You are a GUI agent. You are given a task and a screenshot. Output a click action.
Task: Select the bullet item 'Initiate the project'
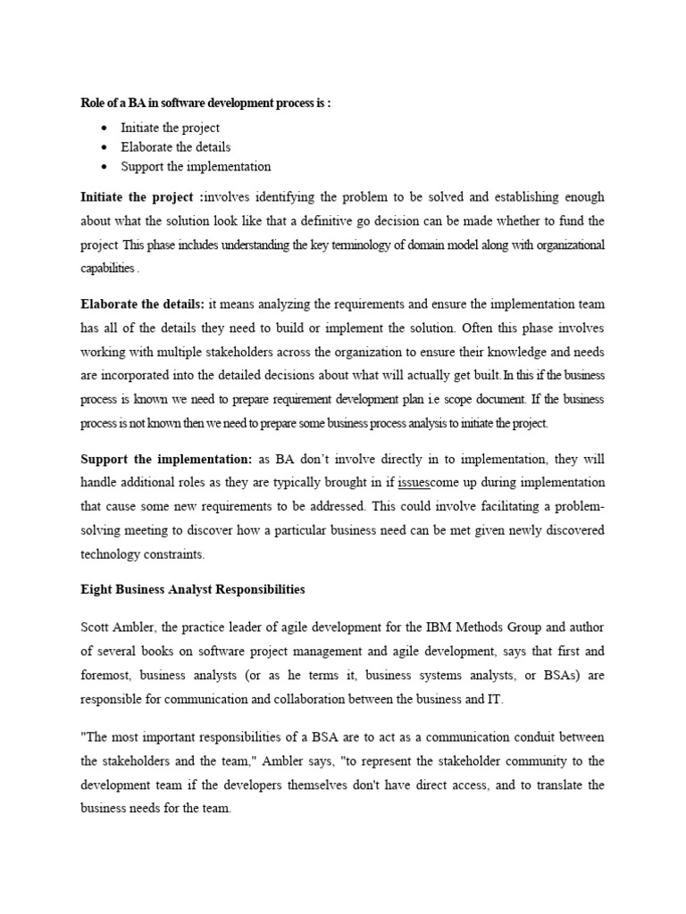[170, 128]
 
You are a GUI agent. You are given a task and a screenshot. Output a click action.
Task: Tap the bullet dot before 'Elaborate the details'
[105, 147]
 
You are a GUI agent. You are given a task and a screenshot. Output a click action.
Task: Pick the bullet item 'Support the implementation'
[196, 166]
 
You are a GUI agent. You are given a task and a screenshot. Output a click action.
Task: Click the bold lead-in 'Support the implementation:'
[167, 459]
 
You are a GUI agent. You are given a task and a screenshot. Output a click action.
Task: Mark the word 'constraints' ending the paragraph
[172, 553]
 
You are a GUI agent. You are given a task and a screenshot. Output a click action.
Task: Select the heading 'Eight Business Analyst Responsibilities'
[193, 590]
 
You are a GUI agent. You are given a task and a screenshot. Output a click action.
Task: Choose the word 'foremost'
[106, 676]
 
